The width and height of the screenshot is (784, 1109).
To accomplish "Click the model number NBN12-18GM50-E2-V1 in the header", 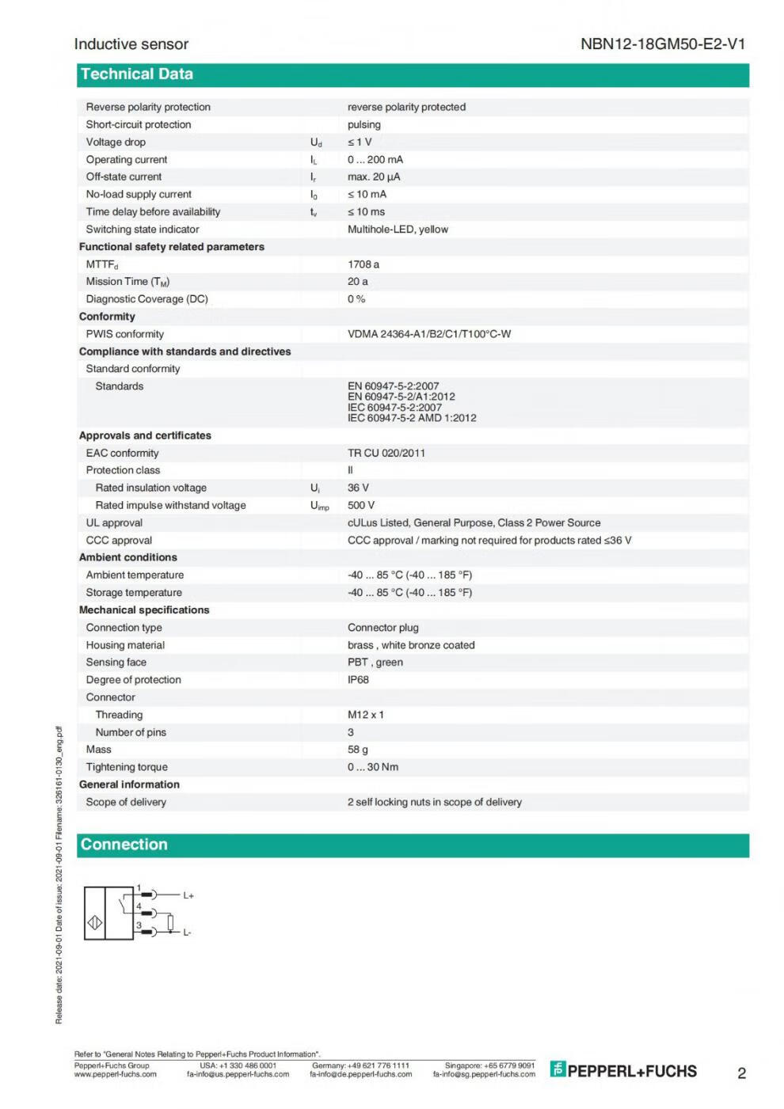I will point(662,44).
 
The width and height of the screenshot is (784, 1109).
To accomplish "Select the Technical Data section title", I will point(137,74).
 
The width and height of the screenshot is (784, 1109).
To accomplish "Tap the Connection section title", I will point(124,845).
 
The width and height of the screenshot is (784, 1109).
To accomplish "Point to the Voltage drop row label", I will point(116,142).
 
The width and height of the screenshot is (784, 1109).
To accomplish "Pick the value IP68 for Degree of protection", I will point(358,680).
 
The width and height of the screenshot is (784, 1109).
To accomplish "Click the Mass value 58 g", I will point(358,750).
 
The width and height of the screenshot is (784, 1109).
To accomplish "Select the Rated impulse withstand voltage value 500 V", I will point(361,505).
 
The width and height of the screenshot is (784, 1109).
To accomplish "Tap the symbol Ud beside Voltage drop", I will point(316,142).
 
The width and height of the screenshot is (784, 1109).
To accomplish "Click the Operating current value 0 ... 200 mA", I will point(375,160).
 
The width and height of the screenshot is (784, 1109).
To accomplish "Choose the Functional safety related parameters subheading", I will point(172,247).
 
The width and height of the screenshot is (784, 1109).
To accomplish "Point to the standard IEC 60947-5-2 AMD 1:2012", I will point(412,418).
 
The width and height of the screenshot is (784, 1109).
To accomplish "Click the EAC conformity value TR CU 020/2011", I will point(386,453).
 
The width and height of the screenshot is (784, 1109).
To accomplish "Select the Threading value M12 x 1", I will point(366,715).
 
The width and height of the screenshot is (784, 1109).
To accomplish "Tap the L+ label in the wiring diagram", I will point(188,895).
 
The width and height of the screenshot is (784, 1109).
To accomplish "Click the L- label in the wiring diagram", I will point(187,932).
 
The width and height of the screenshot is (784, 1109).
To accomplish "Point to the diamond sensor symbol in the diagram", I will point(95,923).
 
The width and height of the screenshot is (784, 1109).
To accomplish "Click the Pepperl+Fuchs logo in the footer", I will point(624,1071).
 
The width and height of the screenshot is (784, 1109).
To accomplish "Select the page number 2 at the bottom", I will point(741,1073).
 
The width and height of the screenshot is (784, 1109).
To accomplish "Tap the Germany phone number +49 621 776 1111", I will point(360,1065).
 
